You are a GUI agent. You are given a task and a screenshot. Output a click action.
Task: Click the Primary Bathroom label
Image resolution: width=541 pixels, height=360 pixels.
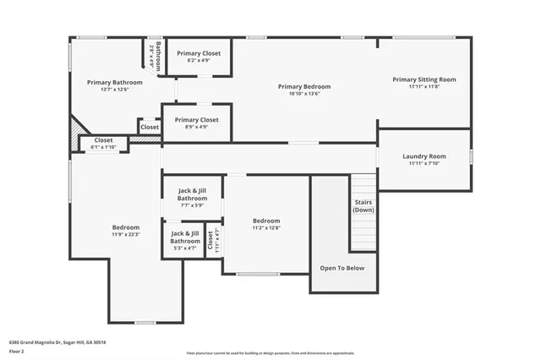tap(109, 83)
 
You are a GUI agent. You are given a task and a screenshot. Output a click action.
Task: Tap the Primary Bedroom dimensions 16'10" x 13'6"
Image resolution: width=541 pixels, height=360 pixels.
tap(303, 94)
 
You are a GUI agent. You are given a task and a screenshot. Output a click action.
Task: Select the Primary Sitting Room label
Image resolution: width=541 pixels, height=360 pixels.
tap(424, 79)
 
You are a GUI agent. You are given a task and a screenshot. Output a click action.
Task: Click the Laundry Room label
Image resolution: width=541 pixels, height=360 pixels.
tap(424, 156)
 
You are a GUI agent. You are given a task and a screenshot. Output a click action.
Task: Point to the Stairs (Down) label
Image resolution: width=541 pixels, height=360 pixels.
tap(363, 206)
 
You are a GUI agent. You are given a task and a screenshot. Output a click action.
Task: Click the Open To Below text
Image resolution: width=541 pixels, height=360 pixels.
tap(342, 268)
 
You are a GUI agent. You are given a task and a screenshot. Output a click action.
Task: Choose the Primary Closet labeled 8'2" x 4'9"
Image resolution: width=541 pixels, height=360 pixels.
tap(199, 53)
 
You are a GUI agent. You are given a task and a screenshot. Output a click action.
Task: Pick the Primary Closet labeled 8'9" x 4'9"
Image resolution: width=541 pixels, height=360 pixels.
tap(196, 120)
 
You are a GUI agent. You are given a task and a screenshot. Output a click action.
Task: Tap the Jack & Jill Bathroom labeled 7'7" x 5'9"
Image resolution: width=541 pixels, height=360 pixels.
tap(192, 195)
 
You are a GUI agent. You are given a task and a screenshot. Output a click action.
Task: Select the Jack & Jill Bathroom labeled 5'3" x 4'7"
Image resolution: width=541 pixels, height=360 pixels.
tap(185, 237)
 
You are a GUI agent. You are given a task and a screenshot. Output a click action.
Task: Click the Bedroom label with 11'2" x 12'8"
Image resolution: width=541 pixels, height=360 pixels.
tap(265, 221)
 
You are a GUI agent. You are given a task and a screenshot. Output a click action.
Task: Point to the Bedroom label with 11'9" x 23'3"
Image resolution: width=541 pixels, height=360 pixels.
tap(126, 227)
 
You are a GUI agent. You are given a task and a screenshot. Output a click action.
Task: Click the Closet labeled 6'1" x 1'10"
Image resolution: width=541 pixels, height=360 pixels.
tap(103, 140)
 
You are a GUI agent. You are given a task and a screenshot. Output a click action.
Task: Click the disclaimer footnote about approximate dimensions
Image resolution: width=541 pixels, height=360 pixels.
tap(270, 353)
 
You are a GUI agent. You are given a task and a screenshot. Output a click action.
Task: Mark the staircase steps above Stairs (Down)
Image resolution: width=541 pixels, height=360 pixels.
tap(363, 184)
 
